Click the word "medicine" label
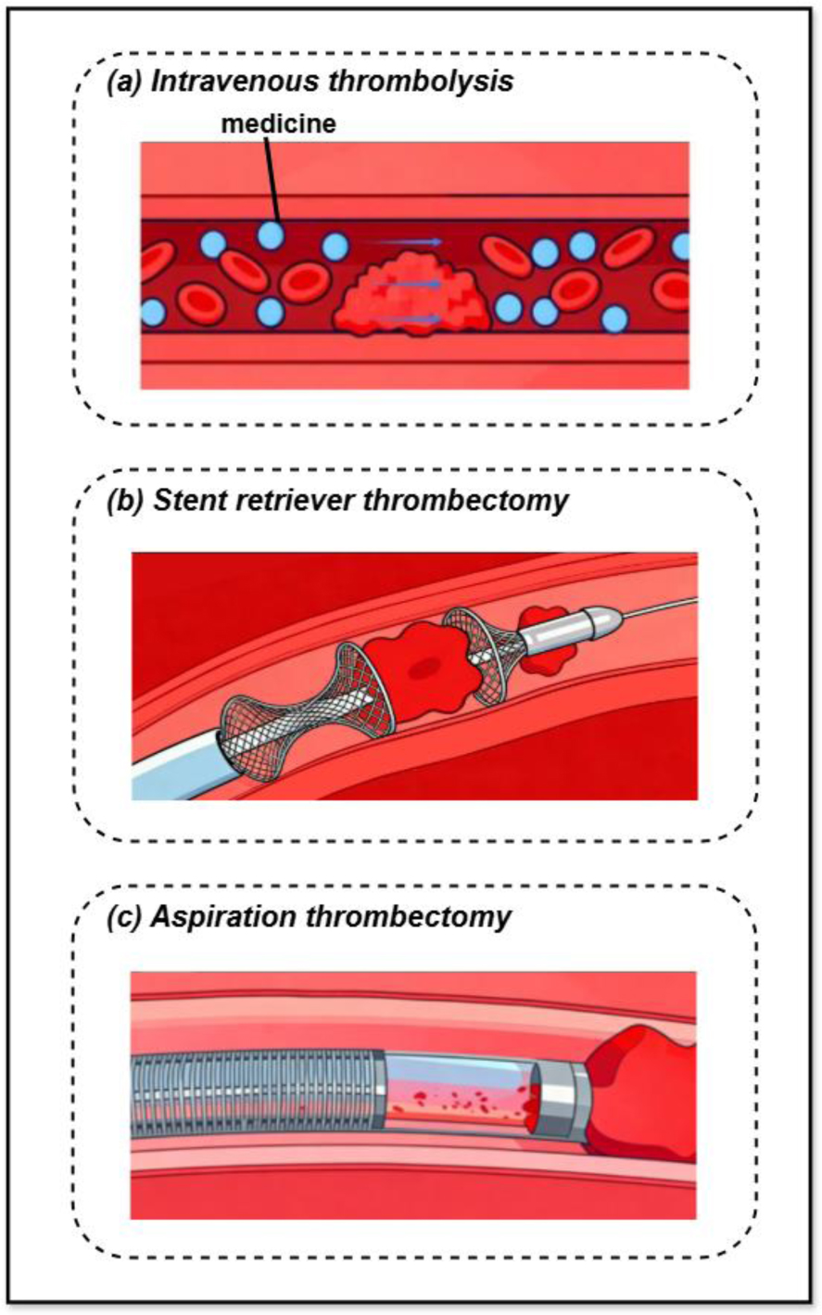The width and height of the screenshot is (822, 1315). click(x=278, y=123)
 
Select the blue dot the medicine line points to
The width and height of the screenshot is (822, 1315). click(x=271, y=234)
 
